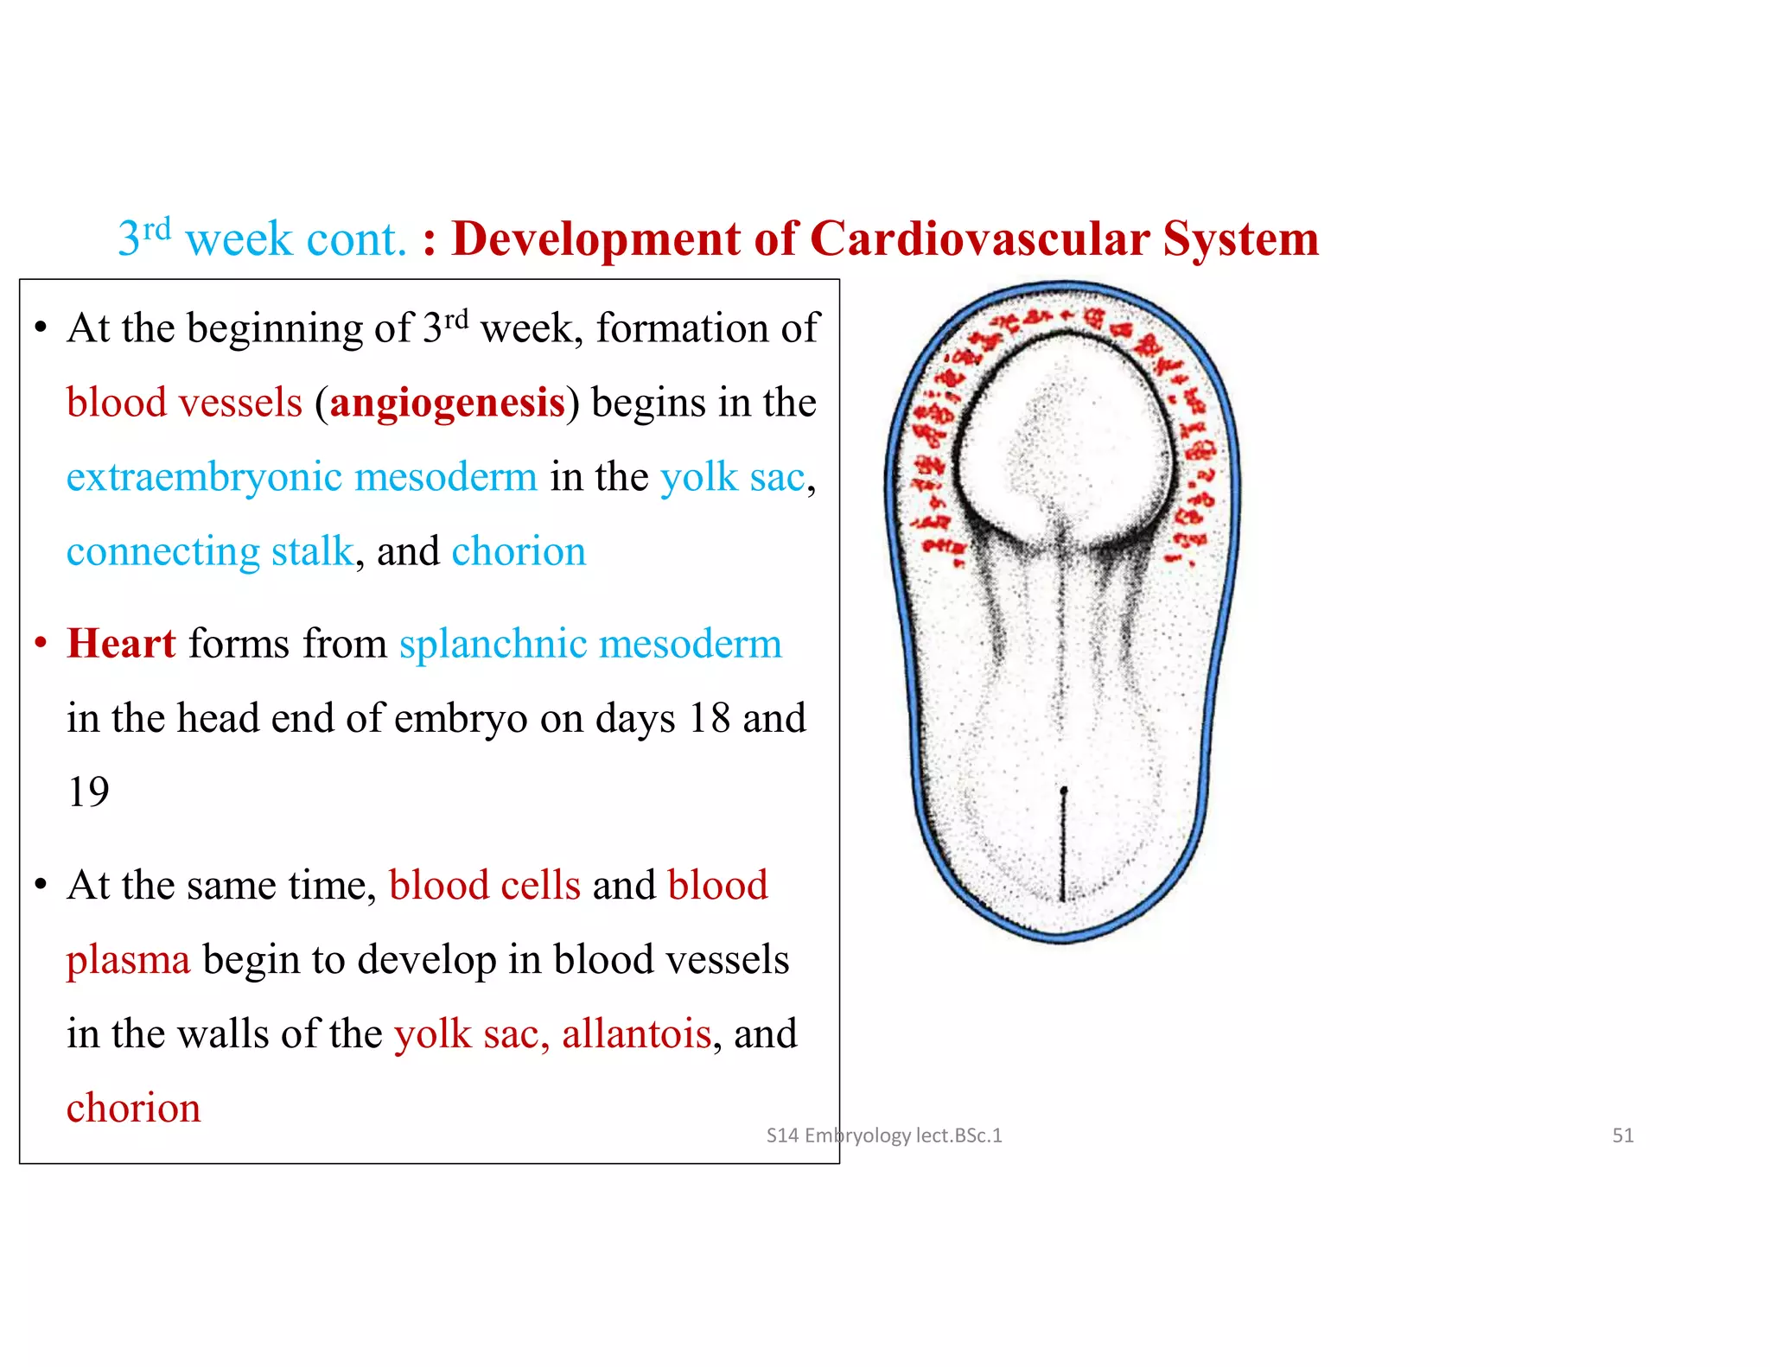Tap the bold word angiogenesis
[447, 404]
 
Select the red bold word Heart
[121, 644]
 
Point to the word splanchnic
[493, 645]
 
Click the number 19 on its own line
[88, 792]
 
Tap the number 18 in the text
[709, 718]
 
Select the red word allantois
[636, 1034]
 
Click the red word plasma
[128, 960]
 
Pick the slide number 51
[1622, 1135]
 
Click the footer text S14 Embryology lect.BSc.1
[883, 1135]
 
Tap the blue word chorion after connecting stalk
[519, 551]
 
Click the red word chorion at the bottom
[133, 1109]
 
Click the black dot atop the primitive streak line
[1063, 791]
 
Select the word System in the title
[1240, 238]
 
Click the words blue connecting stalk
[210, 552]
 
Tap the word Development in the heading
[596, 238]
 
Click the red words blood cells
[484, 886]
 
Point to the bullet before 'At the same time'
[40, 886]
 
